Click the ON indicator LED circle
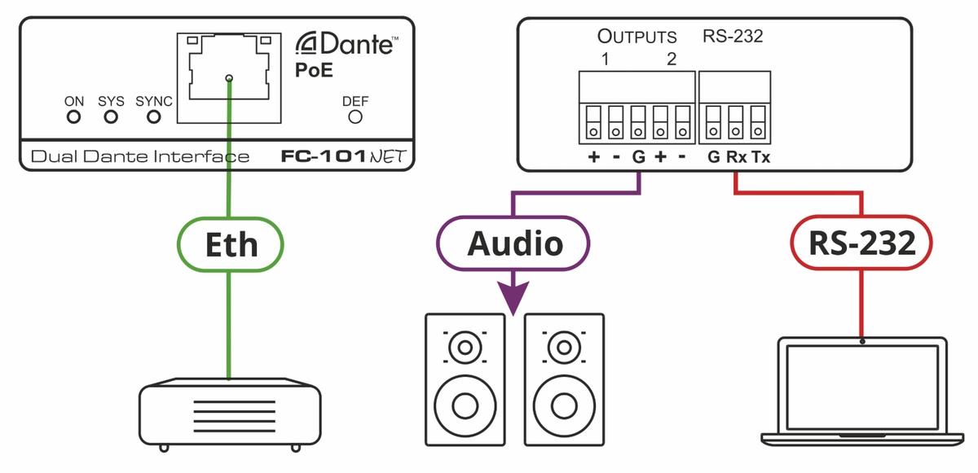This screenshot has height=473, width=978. [x=74, y=117]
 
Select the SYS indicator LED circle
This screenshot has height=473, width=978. [x=111, y=117]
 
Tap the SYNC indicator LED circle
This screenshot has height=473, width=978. [x=153, y=117]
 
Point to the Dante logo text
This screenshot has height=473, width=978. [x=346, y=43]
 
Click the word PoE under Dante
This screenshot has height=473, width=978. [x=313, y=70]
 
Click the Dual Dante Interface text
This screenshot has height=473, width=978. [x=139, y=156]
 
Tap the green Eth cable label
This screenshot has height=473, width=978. [x=229, y=244]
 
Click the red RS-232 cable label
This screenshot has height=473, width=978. [x=862, y=244]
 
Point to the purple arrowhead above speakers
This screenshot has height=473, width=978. [x=513, y=297]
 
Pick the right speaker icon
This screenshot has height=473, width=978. [x=564, y=378]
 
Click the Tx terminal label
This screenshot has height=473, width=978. [x=760, y=157]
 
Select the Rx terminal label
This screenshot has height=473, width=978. [x=736, y=157]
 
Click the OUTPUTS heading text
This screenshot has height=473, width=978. [x=637, y=37]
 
